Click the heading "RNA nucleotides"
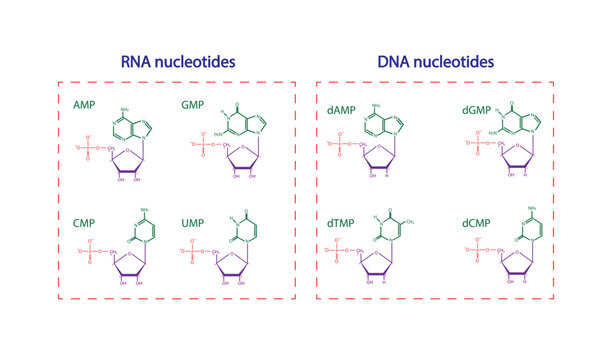click(178, 62)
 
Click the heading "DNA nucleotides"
click(435, 62)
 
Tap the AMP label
click(85, 104)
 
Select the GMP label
click(193, 104)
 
